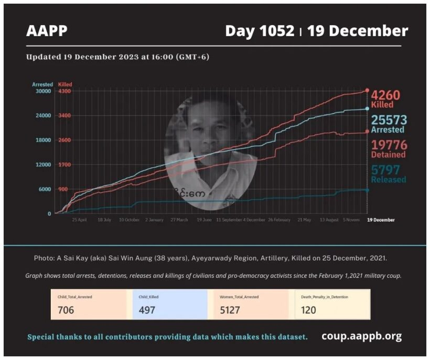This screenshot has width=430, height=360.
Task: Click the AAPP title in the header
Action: click(47, 31)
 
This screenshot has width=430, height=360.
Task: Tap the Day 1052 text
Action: click(260, 31)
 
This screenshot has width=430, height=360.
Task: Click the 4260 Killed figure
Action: click(385, 95)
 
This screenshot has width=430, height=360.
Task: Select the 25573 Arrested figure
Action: click(389, 120)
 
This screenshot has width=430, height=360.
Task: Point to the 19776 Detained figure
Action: click(389, 145)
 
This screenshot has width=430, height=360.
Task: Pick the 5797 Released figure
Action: click(385, 170)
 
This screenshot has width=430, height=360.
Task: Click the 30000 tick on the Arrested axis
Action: click(42, 91)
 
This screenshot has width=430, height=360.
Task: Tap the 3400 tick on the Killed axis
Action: click(64, 116)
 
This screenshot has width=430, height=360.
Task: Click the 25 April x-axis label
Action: click(79, 220)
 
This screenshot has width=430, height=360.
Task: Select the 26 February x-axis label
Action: click(279, 220)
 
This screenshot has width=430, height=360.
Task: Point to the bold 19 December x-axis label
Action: click(380, 220)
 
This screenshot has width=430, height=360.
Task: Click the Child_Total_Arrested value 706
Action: click(66, 310)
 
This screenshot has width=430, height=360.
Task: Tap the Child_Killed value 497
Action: click(147, 310)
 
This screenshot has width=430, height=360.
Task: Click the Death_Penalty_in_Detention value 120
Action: click(309, 310)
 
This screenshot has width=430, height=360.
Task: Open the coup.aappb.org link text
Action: click(362, 336)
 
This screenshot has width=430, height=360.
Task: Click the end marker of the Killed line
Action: click(367, 91)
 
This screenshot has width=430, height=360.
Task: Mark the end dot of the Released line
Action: click(367, 190)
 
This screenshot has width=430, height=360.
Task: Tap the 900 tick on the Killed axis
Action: click(63, 189)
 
